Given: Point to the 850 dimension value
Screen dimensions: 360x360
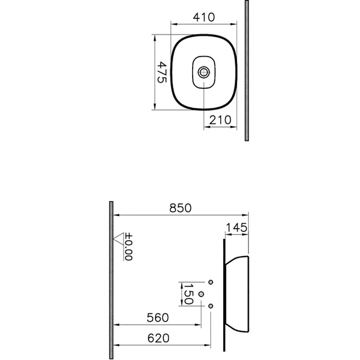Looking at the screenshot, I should coord(180,208).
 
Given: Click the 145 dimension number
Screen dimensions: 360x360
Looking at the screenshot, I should coord(236,228).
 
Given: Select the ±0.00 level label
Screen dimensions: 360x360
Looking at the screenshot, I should coord(128,248).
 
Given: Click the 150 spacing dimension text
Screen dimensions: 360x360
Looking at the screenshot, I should coord(189,294).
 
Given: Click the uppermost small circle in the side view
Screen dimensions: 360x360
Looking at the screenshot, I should coord(210,283).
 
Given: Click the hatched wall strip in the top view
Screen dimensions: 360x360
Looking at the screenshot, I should coord(246,71).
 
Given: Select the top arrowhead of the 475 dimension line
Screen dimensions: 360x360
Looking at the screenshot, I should coord(156,37).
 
